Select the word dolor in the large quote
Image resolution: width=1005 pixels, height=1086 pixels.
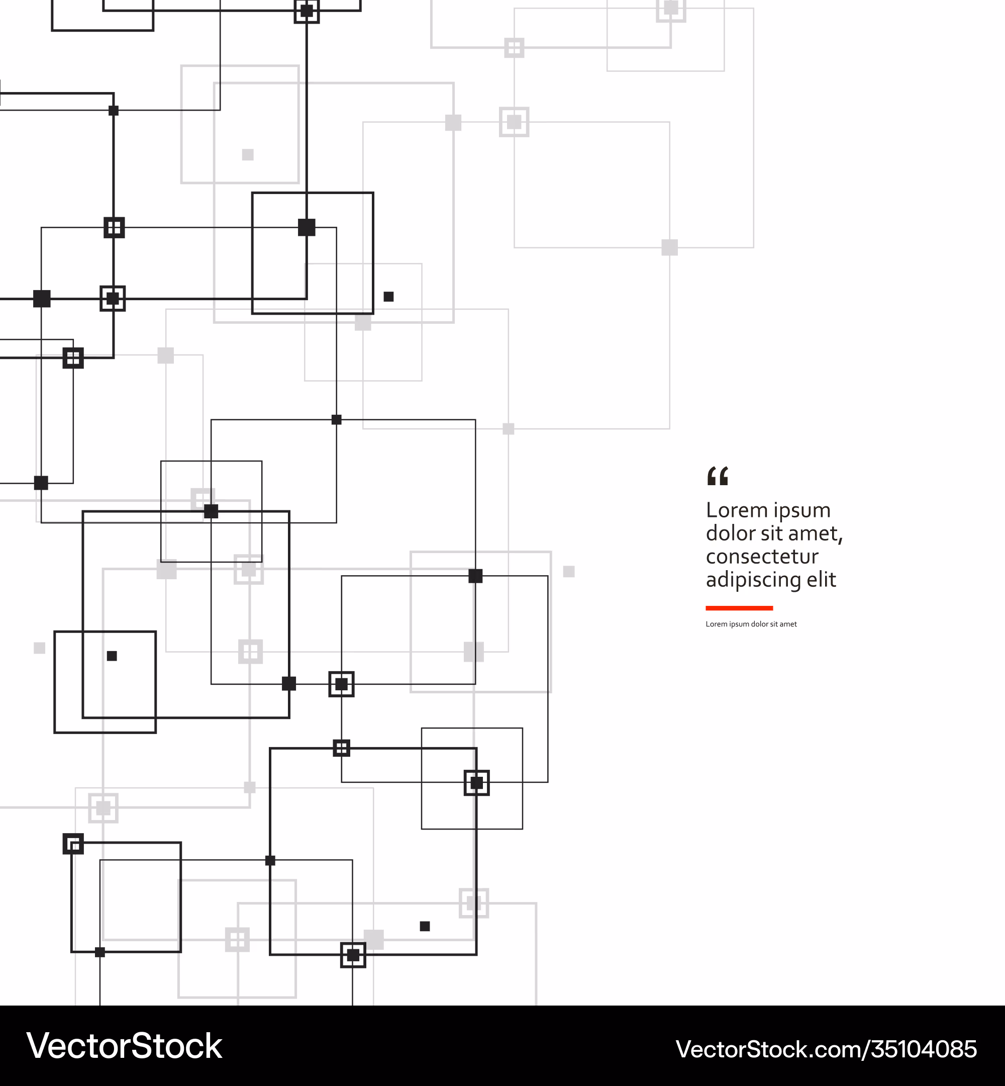730,533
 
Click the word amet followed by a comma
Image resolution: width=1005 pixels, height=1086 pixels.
816,535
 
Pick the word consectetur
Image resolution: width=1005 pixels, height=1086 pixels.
762,557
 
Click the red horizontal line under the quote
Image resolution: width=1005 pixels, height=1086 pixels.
739,608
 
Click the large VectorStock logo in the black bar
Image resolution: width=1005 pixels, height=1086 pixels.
125,1045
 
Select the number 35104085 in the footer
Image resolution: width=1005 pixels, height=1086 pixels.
925,1049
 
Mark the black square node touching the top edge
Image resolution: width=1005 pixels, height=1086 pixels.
307,11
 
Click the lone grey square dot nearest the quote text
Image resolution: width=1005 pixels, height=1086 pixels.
569,571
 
